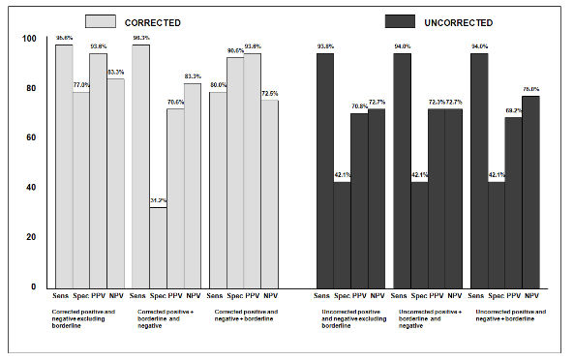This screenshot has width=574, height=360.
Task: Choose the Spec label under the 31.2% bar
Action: coord(157,294)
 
